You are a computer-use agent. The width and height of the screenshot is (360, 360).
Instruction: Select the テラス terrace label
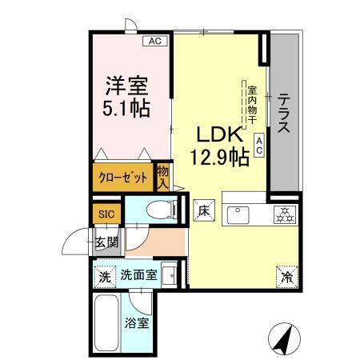(x=285, y=115)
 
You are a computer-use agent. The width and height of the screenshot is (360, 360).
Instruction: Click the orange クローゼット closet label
(x=122, y=177)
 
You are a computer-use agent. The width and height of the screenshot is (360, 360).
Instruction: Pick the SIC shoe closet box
(x=106, y=214)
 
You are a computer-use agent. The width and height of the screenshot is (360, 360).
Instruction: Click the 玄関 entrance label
(x=106, y=242)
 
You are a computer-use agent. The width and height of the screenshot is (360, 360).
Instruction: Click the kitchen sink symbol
(x=238, y=214)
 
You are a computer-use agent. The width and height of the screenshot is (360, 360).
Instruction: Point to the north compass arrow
(x=282, y=336)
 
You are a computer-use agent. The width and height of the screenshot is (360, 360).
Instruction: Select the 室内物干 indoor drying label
(x=251, y=106)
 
